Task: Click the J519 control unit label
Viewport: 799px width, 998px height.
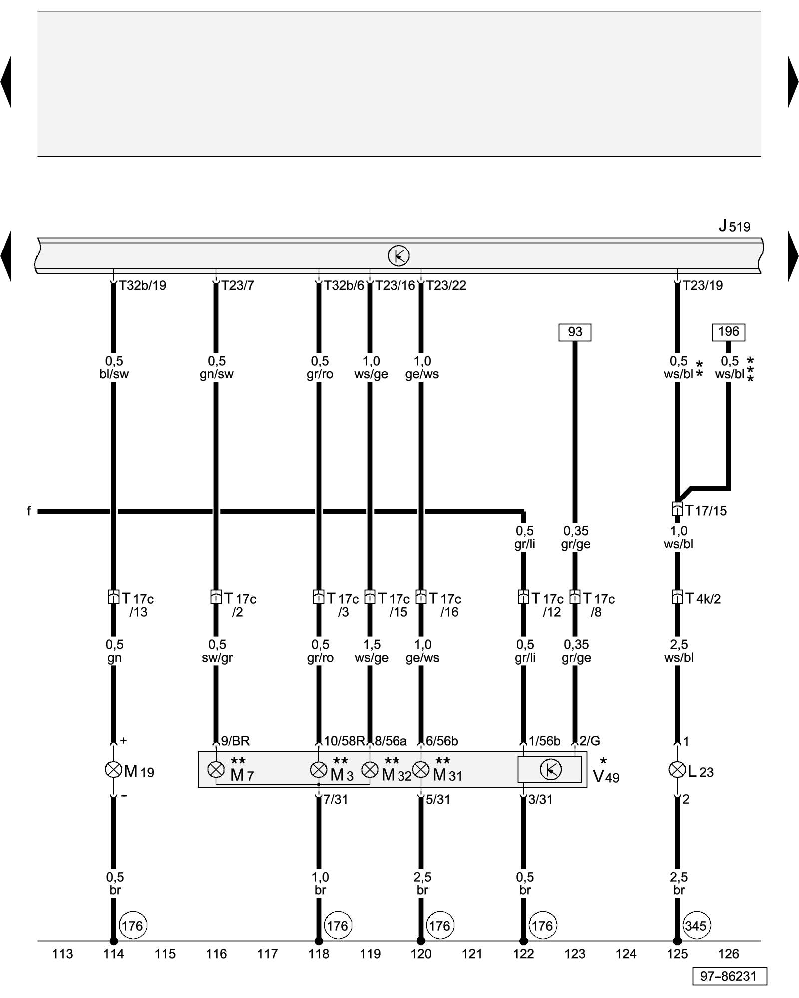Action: [734, 226]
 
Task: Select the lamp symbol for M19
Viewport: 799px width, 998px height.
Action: [113, 770]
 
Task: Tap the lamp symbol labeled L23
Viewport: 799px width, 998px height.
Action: [677, 770]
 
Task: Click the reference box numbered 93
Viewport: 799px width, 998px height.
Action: [575, 332]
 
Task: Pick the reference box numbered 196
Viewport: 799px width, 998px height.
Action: [728, 332]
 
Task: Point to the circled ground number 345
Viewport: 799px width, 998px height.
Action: [695, 926]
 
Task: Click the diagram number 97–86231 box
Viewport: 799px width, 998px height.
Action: [729, 976]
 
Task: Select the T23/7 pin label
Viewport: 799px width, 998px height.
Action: [238, 286]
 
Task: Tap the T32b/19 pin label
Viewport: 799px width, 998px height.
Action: [143, 286]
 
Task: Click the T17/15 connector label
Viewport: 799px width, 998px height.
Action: [706, 510]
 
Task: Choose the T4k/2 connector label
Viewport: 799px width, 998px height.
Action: [703, 598]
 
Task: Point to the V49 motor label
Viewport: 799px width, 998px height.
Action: [606, 776]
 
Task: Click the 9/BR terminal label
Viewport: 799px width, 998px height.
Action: [235, 741]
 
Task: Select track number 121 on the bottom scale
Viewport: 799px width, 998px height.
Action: [472, 954]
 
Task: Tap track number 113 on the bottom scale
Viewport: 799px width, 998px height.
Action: [62, 954]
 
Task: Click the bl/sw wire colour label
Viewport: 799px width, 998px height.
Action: [114, 374]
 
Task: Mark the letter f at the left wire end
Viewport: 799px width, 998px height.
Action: [29, 511]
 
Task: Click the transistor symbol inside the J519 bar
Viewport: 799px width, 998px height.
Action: [399, 256]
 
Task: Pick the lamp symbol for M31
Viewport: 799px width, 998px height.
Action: [421, 770]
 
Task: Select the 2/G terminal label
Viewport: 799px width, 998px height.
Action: [590, 741]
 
